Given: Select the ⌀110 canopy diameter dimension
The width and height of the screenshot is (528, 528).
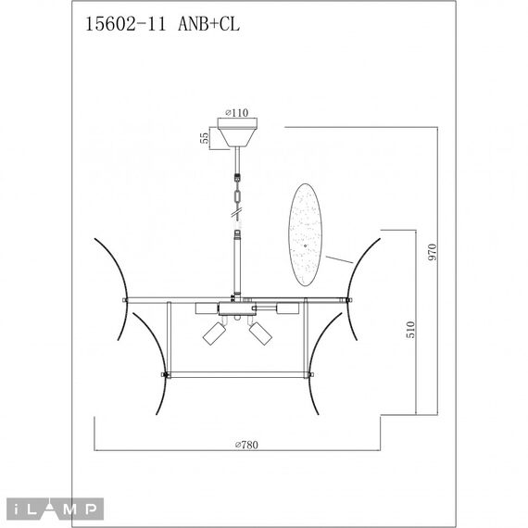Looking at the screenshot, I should [236, 112].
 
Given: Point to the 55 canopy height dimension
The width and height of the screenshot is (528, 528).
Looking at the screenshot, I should [203, 137].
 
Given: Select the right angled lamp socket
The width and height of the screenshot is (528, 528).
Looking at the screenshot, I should [261, 332].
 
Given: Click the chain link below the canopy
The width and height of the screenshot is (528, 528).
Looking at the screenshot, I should [237, 195].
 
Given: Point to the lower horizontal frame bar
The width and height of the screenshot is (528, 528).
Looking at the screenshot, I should [237, 374].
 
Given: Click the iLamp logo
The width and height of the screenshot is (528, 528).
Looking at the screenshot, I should [55, 508].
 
